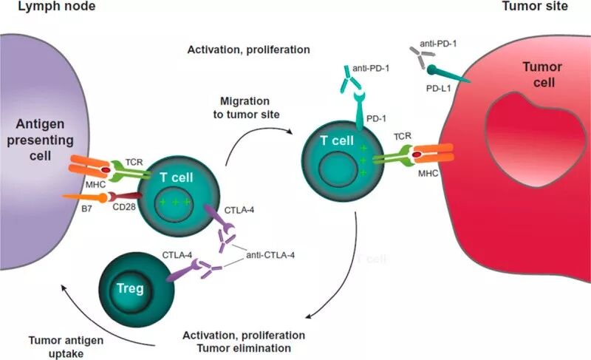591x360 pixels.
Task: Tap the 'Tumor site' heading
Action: (x=543, y=7)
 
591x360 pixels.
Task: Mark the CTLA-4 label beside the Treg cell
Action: (x=177, y=255)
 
